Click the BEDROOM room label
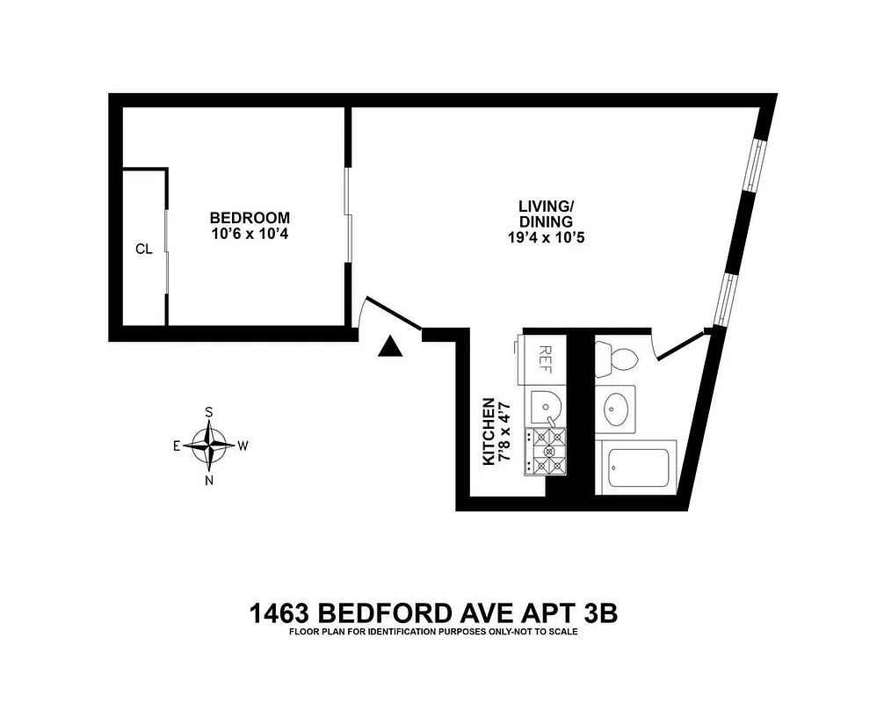click(250, 218)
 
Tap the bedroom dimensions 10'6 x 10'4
click(250, 235)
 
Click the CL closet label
click(144, 249)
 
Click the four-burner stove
click(545, 452)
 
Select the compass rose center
click(209, 445)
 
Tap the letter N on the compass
click(209, 480)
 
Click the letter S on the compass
click(209, 410)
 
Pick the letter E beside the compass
click(177, 446)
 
